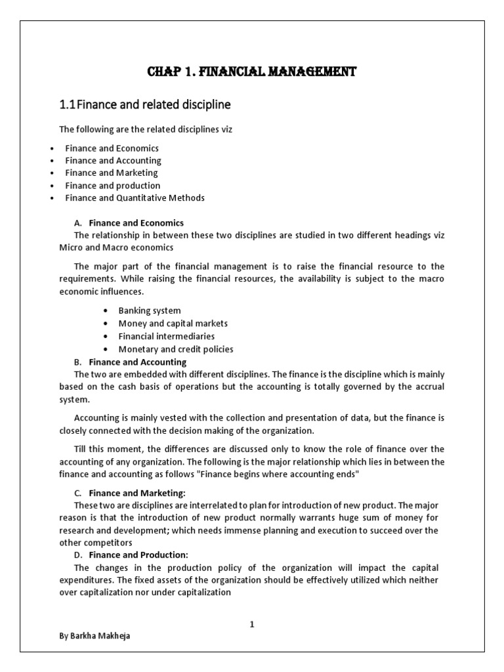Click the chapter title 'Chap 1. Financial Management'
click(x=251, y=72)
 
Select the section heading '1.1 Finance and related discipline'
click(x=145, y=104)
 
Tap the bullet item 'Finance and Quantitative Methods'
click(x=135, y=198)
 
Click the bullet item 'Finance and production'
click(x=112, y=185)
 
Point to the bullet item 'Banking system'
click(x=150, y=310)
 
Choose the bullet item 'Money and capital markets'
click(x=173, y=324)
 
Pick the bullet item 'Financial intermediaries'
click(x=166, y=336)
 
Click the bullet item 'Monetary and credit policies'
click(x=175, y=349)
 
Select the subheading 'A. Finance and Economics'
click(x=136, y=223)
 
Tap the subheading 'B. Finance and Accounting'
click(x=137, y=362)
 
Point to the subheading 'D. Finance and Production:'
click(x=138, y=555)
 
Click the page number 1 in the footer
click(x=251, y=625)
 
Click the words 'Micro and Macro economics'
click(x=116, y=247)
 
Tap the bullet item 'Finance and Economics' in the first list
click(x=112, y=148)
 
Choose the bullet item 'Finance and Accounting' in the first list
click(x=113, y=161)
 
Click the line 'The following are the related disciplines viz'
click(x=146, y=129)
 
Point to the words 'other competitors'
click(x=95, y=543)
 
